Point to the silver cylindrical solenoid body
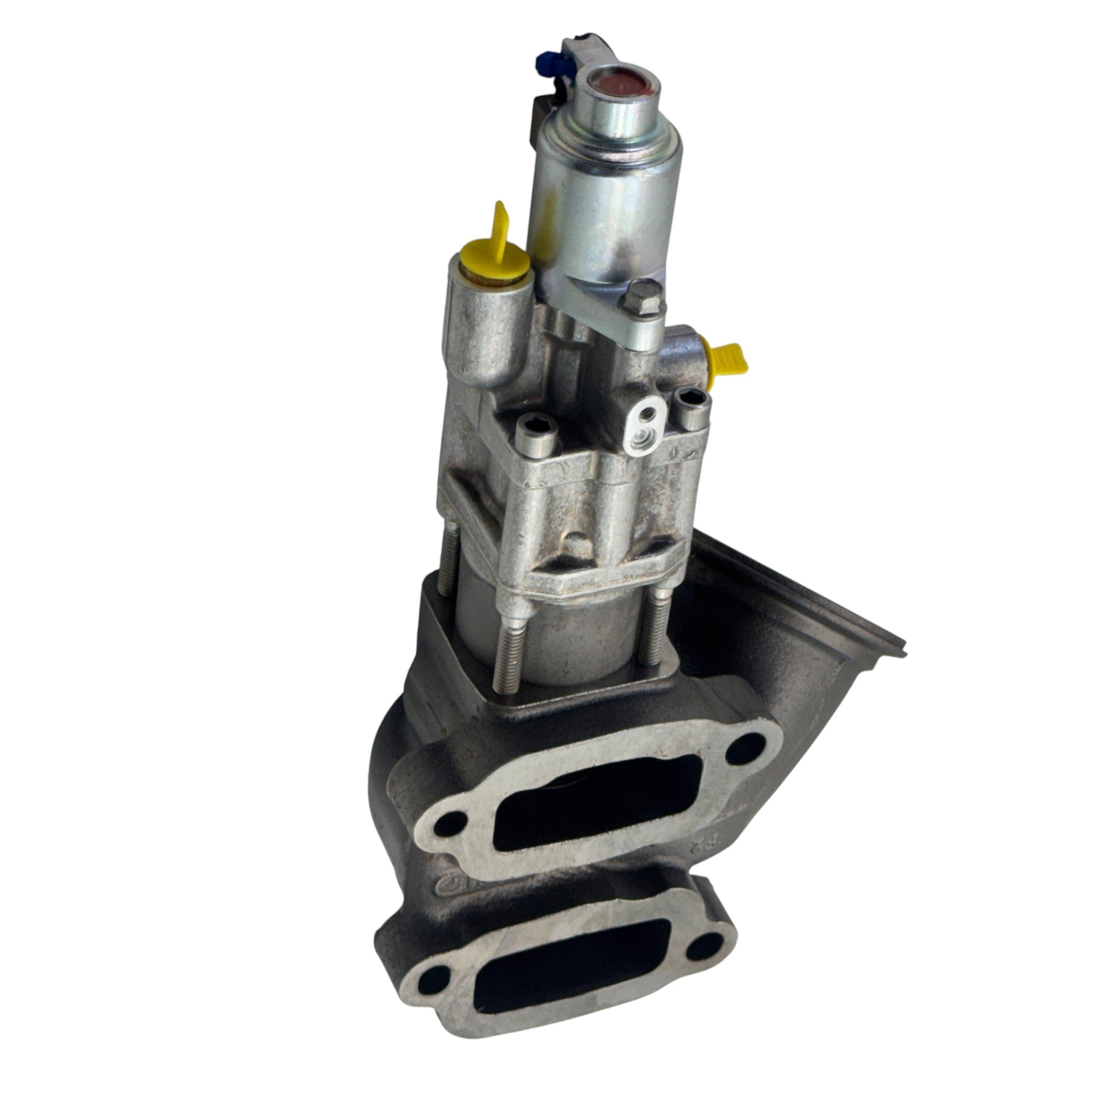(602, 195)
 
